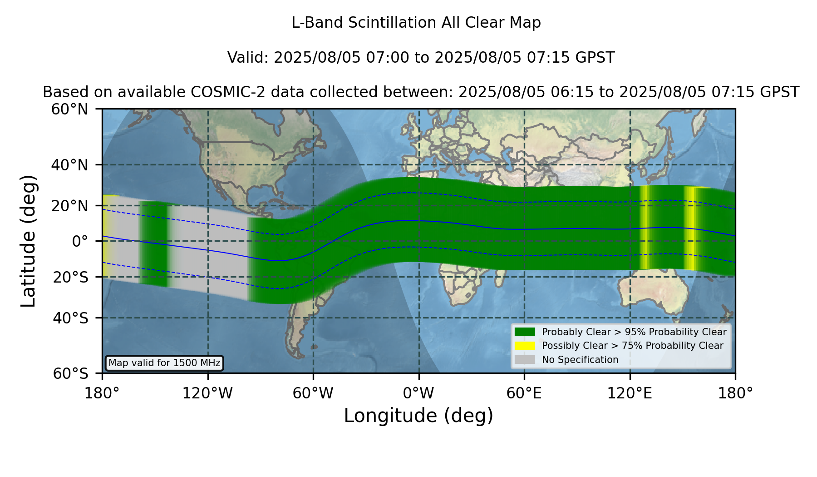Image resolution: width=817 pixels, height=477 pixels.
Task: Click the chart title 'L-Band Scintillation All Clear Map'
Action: point(416,23)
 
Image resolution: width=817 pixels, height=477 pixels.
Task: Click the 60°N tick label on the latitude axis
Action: point(70,109)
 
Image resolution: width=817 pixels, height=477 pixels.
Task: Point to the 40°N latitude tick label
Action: point(70,165)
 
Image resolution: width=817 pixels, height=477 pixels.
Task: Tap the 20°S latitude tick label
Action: point(71,277)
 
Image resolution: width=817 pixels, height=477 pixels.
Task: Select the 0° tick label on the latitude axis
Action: point(80,241)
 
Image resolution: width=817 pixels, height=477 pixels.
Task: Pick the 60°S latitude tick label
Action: point(71,374)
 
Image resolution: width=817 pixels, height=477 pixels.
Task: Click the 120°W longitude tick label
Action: point(207,393)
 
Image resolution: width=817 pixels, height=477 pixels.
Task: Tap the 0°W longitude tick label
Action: point(419,393)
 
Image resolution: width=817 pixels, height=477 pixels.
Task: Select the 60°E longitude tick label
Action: point(524,393)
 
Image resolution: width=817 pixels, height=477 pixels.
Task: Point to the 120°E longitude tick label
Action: point(630,393)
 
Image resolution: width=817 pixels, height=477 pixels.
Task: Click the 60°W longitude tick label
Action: point(313,393)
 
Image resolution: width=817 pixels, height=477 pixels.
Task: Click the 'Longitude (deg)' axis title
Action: point(418,416)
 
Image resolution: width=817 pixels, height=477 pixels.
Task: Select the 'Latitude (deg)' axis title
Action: point(28,241)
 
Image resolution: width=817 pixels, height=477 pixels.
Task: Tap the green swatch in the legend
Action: point(525,332)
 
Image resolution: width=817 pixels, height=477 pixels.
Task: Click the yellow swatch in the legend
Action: point(525,346)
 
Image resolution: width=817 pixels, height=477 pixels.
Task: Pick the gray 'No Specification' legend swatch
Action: point(525,360)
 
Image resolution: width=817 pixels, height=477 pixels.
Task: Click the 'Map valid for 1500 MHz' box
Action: point(164,363)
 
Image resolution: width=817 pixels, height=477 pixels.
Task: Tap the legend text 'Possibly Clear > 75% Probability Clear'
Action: point(633,346)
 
